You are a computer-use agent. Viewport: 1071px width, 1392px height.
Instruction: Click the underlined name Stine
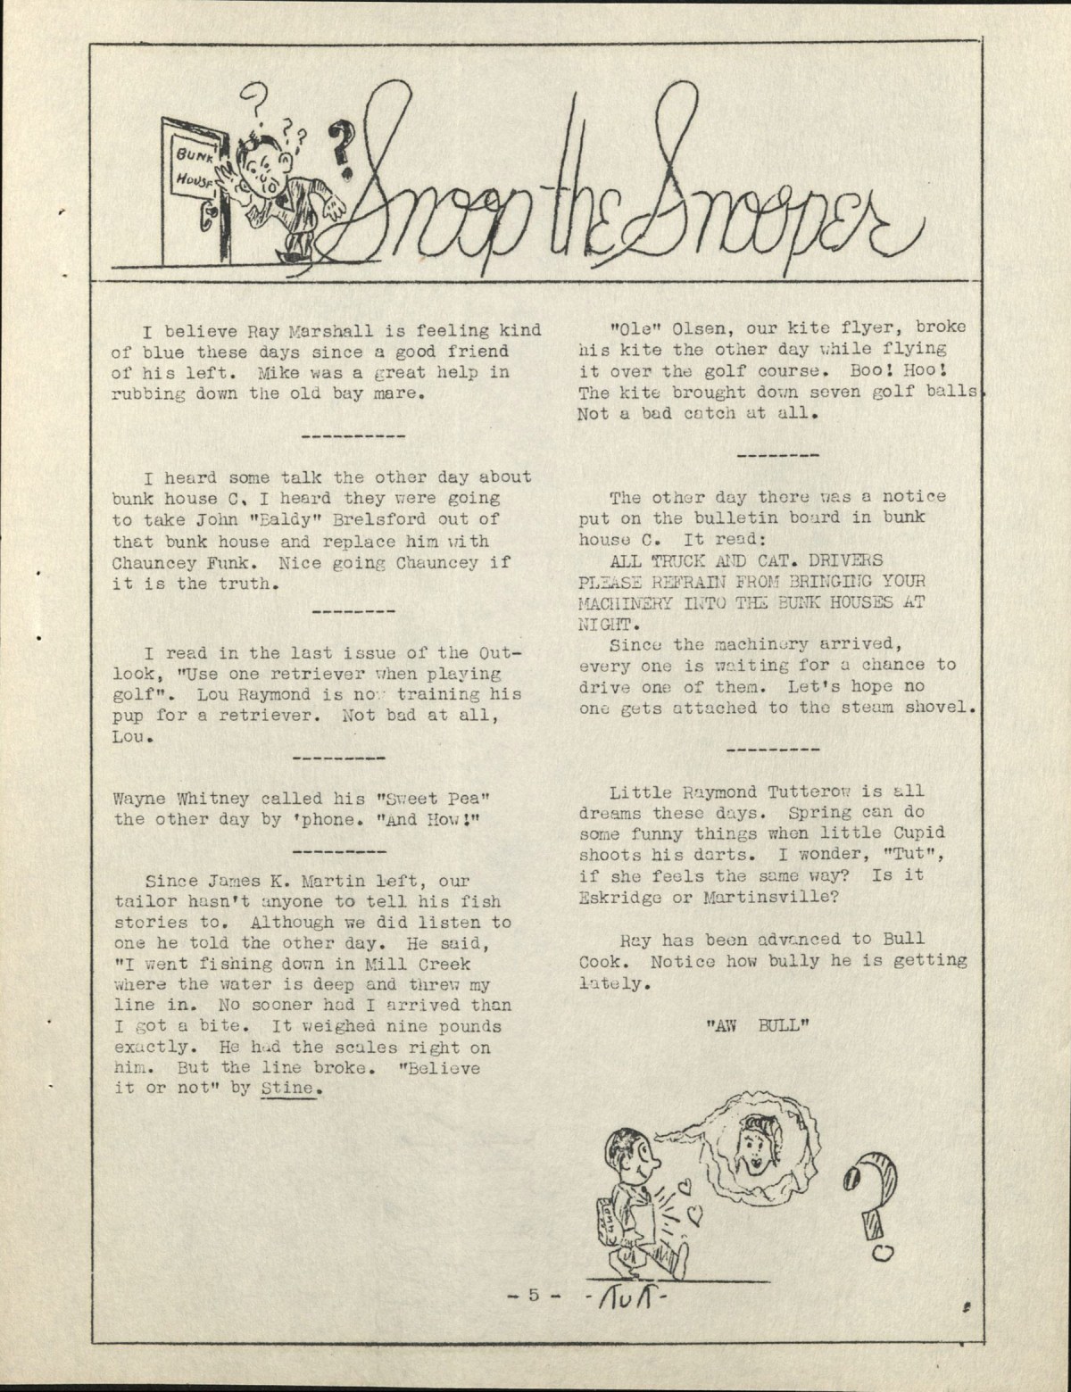[289, 1089]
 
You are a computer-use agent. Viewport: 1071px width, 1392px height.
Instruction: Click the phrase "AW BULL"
[757, 1026]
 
